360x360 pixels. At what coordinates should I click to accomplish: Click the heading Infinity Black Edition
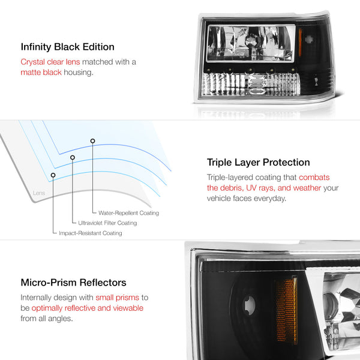pyautogui.click(x=67, y=47)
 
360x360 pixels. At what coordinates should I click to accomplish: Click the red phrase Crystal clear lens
pyautogui.click(x=50, y=62)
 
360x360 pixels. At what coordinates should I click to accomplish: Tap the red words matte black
pyautogui.click(x=41, y=73)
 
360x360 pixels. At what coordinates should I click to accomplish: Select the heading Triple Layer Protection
pyautogui.click(x=258, y=163)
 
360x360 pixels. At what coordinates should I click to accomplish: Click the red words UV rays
pyautogui.click(x=260, y=188)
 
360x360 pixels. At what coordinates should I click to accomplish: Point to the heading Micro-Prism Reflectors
pyautogui.click(x=73, y=283)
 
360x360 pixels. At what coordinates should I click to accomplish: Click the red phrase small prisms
pyautogui.click(x=118, y=298)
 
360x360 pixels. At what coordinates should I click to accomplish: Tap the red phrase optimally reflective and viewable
pyautogui.click(x=88, y=308)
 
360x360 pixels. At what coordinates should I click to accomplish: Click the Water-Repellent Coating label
pyautogui.click(x=128, y=213)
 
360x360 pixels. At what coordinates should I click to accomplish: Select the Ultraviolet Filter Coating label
pyautogui.click(x=107, y=223)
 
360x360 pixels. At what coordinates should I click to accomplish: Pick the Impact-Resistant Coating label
pyautogui.click(x=91, y=233)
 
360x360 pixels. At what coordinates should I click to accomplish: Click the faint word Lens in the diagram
pyautogui.click(x=39, y=193)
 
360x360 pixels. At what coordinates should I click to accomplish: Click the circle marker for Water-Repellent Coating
pyautogui.click(x=92, y=141)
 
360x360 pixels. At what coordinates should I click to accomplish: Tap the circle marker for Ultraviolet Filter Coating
pyautogui.click(x=73, y=157)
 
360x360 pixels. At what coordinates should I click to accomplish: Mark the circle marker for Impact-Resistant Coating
pyautogui.click(x=53, y=175)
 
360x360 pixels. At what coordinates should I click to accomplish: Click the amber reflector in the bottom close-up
pyautogui.click(x=285, y=311)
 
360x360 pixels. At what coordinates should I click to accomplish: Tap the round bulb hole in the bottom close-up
pyautogui.click(x=250, y=305)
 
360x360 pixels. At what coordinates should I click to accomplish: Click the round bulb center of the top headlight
pyautogui.click(x=251, y=42)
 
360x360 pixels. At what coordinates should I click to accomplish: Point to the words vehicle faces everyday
pyautogui.click(x=247, y=199)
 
